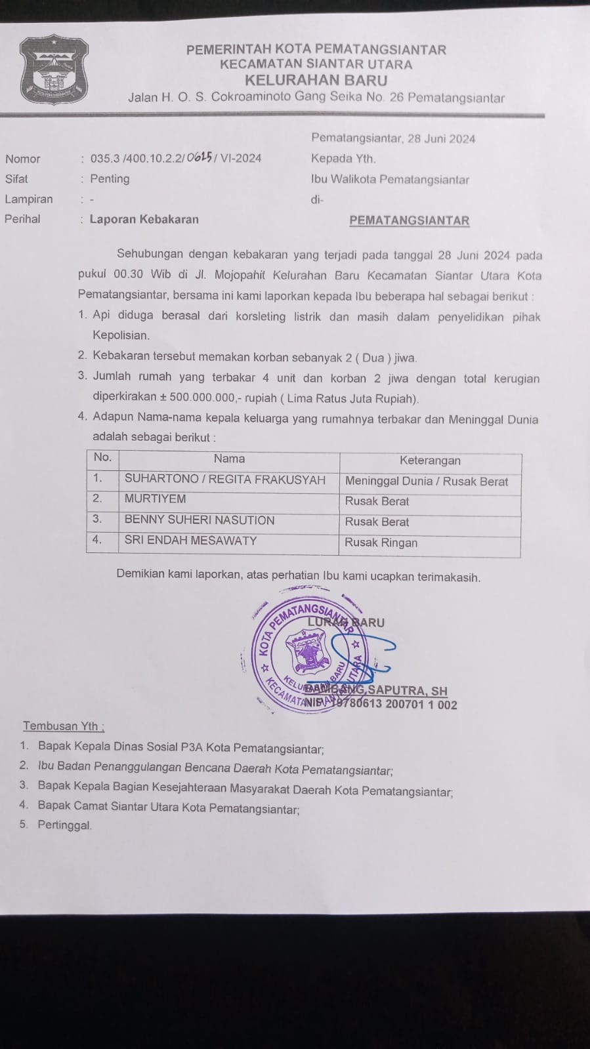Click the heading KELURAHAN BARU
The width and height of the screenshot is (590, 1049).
tap(316, 81)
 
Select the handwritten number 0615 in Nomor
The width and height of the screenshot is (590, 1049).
tap(199, 157)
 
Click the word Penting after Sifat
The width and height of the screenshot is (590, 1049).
tap(110, 178)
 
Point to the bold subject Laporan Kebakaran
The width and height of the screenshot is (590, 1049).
tap(144, 219)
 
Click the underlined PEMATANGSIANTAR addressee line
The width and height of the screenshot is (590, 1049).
tap(409, 221)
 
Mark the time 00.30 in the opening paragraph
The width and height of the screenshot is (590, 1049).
tap(128, 274)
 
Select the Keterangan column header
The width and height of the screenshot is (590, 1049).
tap(430, 461)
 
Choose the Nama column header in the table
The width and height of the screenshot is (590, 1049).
tap(229, 459)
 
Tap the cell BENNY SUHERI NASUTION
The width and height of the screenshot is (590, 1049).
tap(200, 520)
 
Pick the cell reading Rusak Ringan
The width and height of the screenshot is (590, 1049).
tap(381, 543)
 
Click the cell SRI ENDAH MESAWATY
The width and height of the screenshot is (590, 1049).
tap(190, 541)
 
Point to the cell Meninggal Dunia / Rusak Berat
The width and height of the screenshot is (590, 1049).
tap(427, 482)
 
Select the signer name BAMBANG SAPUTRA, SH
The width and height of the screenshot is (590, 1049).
tap(376, 690)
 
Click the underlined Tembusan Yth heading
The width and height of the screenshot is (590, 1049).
tap(63, 726)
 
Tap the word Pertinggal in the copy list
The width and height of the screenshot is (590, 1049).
tap(64, 825)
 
